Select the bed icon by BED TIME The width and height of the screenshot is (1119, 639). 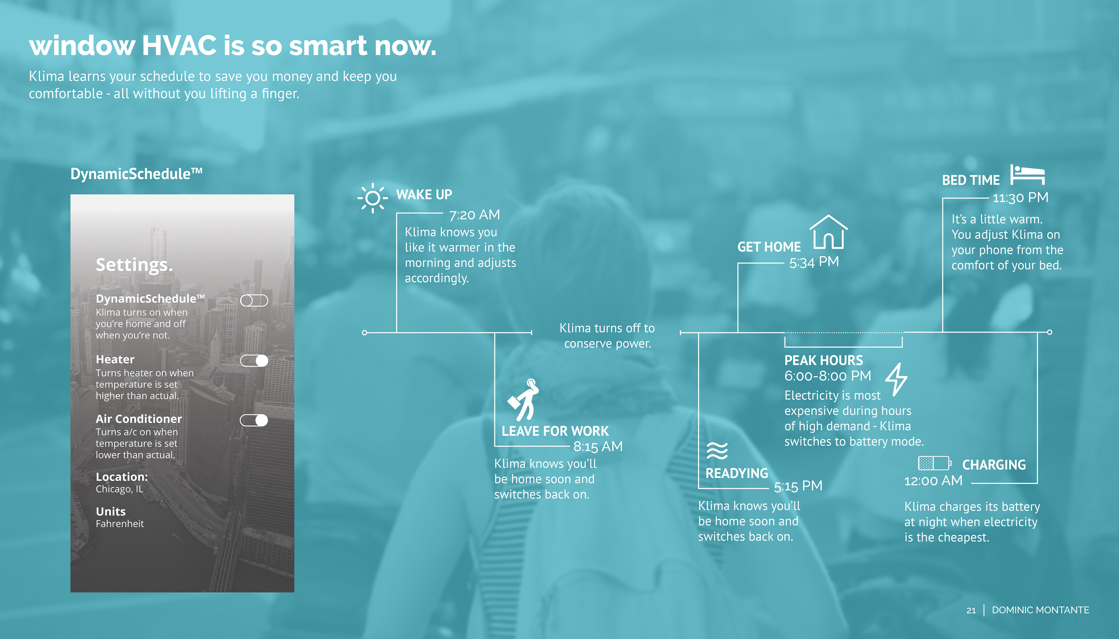click(1027, 175)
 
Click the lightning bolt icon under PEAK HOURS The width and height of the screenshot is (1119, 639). click(896, 379)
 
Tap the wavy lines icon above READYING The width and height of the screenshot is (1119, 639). click(717, 451)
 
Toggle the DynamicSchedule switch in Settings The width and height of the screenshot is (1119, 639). click(254, 300)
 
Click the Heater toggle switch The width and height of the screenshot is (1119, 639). click(254, 361)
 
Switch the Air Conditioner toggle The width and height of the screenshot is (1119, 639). click(254, 421)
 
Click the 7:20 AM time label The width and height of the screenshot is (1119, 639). click(474, 215)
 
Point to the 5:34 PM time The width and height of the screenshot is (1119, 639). click(814, 262)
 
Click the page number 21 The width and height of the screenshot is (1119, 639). click(971, 610)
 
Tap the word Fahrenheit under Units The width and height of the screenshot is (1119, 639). click(120, 524)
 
